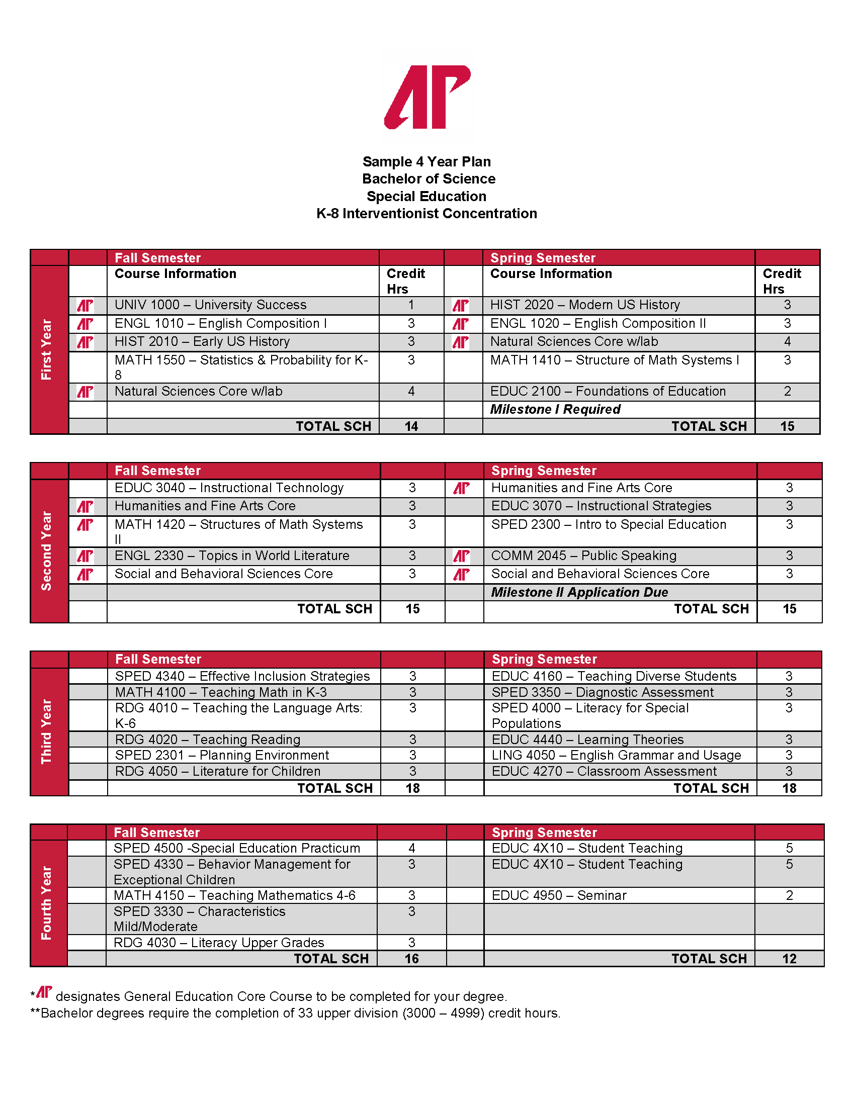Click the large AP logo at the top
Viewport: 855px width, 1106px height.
click(x=427, y=97)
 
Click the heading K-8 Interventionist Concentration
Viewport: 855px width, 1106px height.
click(x=426, y=214)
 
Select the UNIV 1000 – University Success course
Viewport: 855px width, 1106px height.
click(x=210, y=305)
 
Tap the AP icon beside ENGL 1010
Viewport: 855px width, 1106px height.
click(x=85, y=324)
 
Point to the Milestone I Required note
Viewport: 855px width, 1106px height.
click(x=555, y=409)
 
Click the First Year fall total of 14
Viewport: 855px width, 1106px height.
click(x=411, y=426)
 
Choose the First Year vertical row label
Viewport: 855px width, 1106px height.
click(x=47, y=349)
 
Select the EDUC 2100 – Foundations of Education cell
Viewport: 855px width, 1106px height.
click(x=608, y=392)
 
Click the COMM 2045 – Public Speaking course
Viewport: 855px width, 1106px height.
click(x=583, y=556)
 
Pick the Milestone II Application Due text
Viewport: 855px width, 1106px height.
click(x=579, y=592)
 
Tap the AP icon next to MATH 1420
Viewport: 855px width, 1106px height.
click(x=85, y=525)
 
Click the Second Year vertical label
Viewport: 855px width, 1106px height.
click(x=47, y=550)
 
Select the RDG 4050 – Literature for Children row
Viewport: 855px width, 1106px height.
click(x=218, y=771)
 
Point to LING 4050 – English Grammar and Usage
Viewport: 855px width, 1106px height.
click(x=616, y=755)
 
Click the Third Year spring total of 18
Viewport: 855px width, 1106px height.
click(x=789, y=788)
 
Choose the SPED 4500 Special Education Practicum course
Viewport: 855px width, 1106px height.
click(x=236, y=848)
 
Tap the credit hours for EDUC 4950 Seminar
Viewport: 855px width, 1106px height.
click(x=789, y=895)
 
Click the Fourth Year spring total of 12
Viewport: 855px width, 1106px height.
click(x=789, y=959)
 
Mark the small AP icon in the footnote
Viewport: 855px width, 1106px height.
click(x=44, y=992)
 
